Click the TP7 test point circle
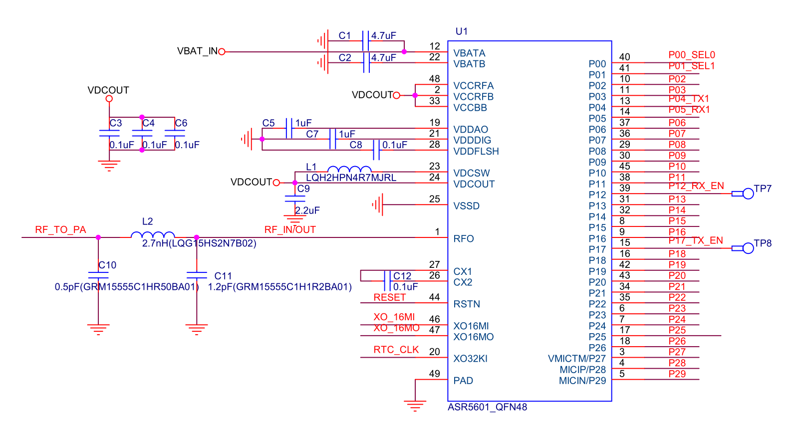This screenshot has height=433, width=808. (748, 194)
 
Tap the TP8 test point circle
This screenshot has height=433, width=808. (748, 248)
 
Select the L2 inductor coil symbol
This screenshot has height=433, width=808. (153, 234)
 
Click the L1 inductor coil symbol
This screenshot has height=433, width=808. (349, 169)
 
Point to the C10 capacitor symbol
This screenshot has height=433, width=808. (98, 275)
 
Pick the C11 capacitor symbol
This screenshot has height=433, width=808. (197, 275)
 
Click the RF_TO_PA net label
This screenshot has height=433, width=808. (60, 229)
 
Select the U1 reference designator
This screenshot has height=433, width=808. (461, 31)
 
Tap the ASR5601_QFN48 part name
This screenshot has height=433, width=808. (487, 407)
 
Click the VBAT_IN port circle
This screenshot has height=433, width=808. (222, 52)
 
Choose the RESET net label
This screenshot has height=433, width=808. (390, 297)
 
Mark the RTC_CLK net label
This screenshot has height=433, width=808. (396, 350)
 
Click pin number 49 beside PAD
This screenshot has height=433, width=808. (434, 374)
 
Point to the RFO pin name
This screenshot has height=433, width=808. (464, 238)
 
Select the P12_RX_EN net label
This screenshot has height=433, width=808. (696, 186)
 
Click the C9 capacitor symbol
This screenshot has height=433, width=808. (295, 199)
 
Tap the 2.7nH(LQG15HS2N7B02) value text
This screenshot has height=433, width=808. (199, 243)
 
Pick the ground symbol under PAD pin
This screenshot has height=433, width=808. (415, 406)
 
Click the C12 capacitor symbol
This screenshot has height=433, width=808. (387, 281)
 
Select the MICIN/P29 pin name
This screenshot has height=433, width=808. (582, 381)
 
